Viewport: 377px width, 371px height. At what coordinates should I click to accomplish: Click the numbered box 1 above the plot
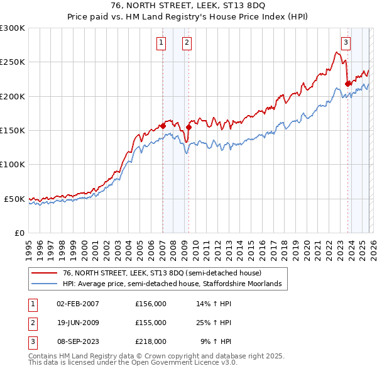tap(161, 43)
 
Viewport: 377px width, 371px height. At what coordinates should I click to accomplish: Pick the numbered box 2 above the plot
tap(187, 43)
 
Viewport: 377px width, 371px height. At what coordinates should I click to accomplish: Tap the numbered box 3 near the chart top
tap(346, 43)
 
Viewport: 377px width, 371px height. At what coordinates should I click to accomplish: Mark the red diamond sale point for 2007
tap(163, 126)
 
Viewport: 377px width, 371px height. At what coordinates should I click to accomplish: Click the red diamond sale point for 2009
tap(189, 127)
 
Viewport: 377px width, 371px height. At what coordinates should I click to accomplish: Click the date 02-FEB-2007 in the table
tap(78, 304)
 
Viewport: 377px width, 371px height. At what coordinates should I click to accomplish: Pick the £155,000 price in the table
tap(151, 323)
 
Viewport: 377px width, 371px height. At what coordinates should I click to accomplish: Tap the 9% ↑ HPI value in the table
tap(216, 341)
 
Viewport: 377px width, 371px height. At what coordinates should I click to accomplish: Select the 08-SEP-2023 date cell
tap(78, 341)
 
